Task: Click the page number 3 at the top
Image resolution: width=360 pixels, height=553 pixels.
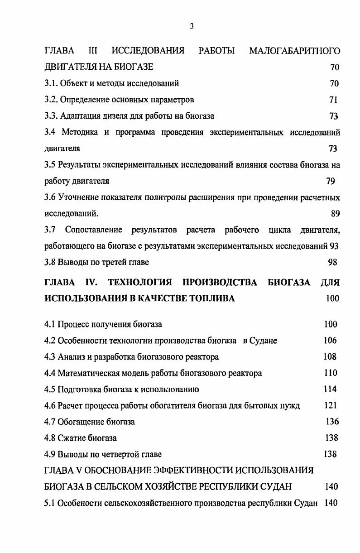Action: click(192, 27)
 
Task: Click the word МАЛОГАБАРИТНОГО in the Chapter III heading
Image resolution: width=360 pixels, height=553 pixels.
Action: click(294, 51)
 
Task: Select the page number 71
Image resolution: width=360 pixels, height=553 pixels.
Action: click(333, 100)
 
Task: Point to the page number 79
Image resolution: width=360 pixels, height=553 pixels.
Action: click(331, 181)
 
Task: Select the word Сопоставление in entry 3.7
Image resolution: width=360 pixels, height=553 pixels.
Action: click(94, 230)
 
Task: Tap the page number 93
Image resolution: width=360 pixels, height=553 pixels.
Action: click(335, 246)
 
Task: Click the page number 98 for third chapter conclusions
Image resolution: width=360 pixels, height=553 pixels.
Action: click(332, 262)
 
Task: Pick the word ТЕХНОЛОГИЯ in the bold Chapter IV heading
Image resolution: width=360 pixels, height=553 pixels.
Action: click(140, 283)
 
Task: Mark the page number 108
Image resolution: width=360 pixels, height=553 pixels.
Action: click(330, 356)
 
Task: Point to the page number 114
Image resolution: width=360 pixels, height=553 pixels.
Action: click(330, 389)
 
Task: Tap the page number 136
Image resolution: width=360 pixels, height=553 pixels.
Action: click(332, 422)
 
